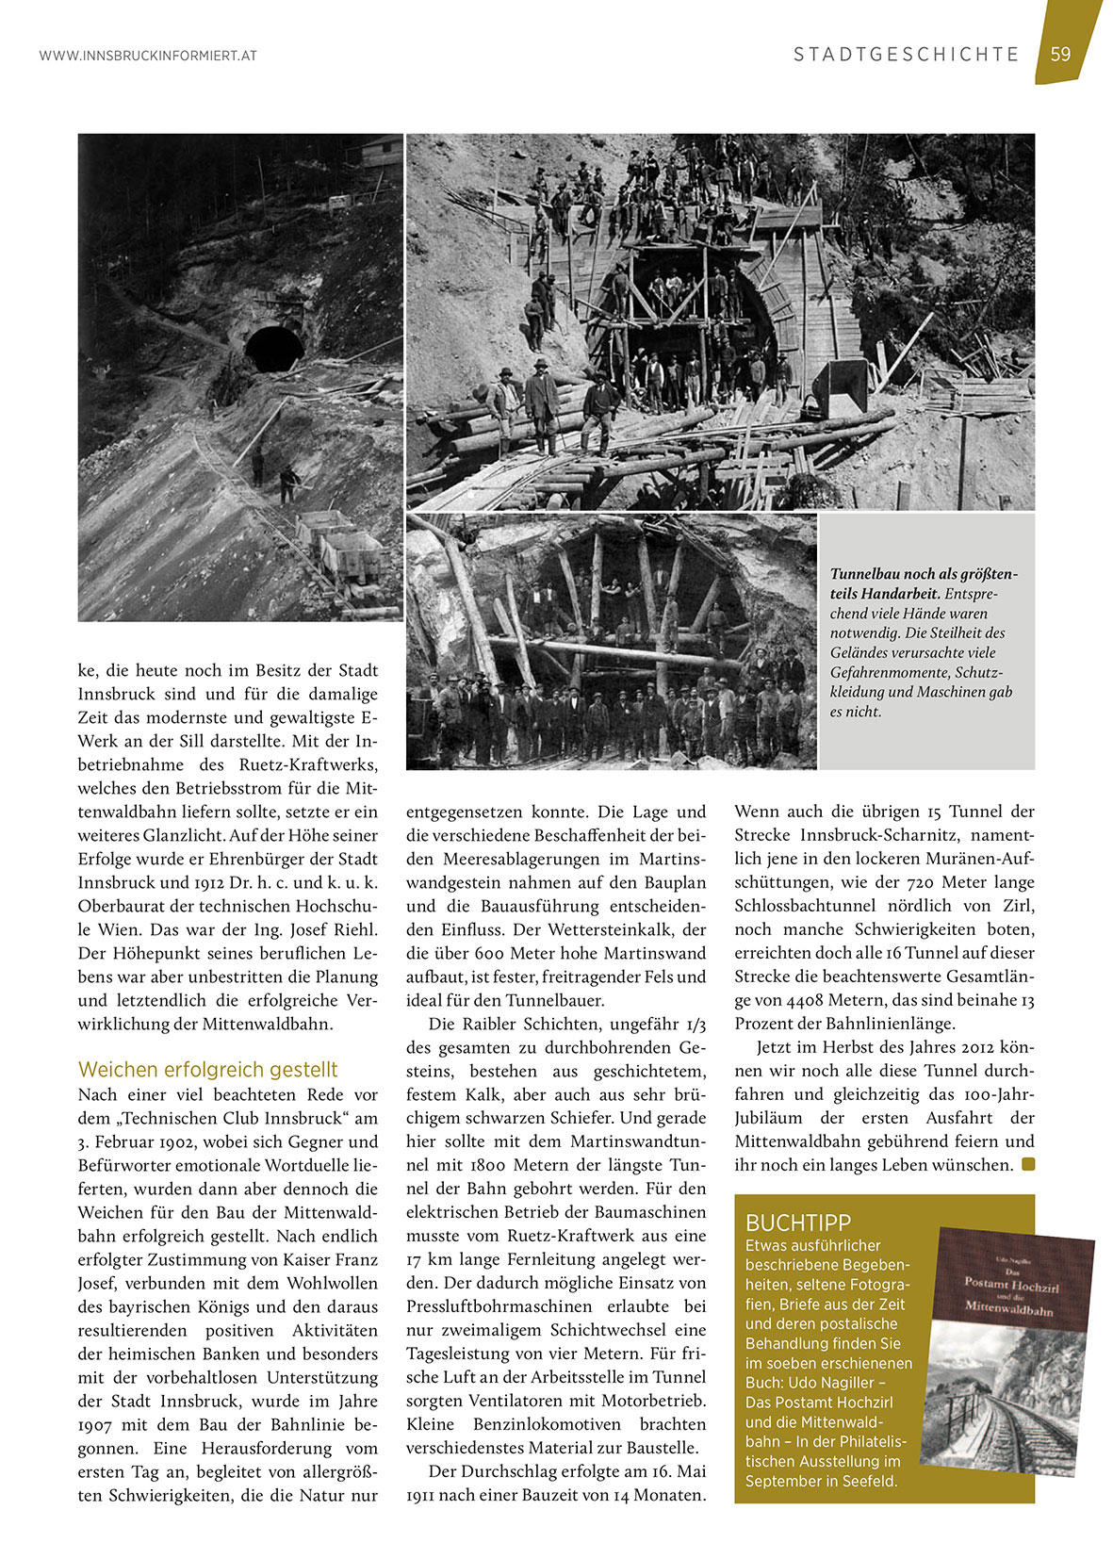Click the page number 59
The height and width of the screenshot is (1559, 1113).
pos(1060,55)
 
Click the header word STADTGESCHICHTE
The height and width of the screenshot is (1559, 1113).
pos(906,55)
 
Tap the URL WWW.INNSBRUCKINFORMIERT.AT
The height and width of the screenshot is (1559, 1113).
pos(148,57)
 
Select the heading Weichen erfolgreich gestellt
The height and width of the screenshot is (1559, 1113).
pos(207,1070)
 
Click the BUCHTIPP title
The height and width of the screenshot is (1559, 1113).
pos(798,1223)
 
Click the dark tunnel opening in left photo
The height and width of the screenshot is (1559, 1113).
pos(274,348)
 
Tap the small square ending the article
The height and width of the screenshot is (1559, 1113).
pos(1028,1165)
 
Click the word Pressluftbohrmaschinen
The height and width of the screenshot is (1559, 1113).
pos(499,1306)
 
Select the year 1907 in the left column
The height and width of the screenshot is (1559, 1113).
pos(96,1424)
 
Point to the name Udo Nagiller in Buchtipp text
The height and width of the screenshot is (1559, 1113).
pos(831,1383)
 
